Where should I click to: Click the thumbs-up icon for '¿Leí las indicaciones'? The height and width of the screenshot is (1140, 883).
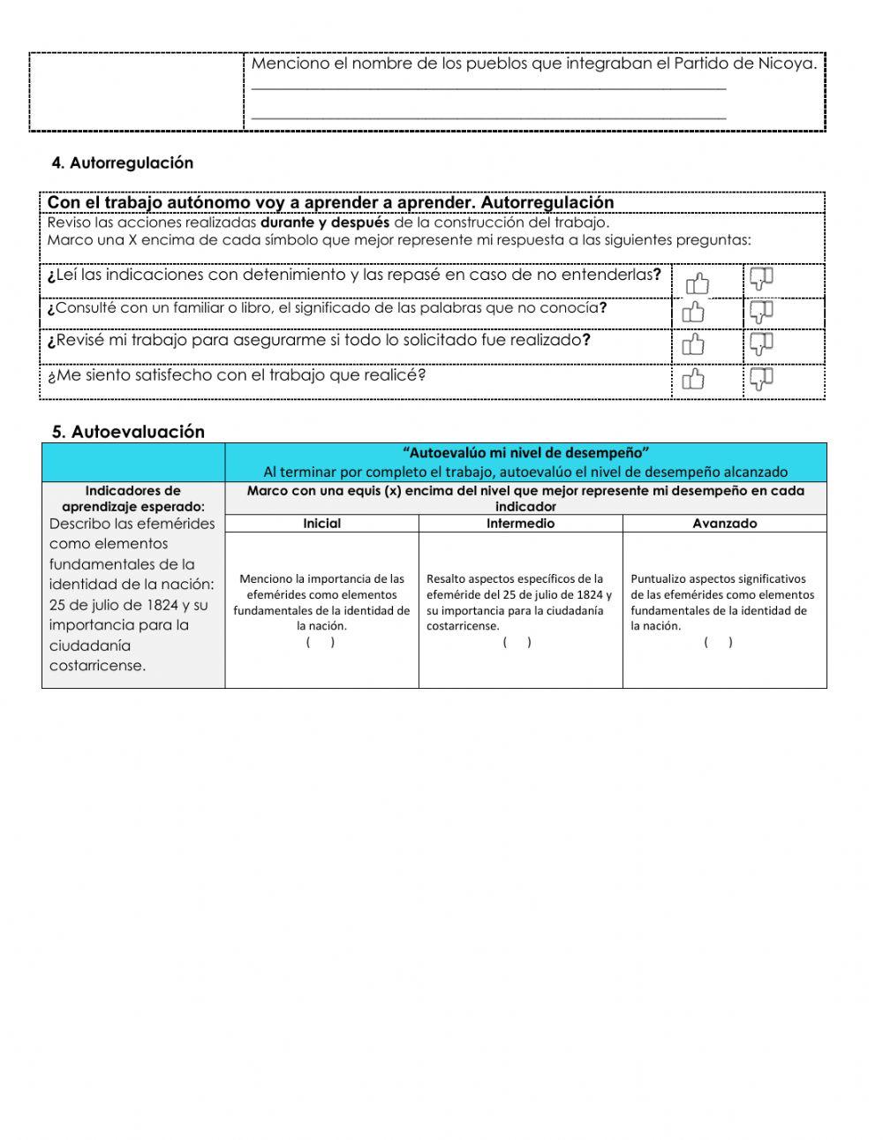point(697,283)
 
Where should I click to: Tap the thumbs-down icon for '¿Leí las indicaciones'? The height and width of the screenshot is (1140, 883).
point(761,280)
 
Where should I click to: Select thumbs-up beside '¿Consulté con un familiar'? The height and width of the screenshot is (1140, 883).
point(694,313)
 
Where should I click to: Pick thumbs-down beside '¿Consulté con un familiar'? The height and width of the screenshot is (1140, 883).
point(761,311)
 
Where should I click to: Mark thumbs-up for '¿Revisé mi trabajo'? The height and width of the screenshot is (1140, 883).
point(694,344)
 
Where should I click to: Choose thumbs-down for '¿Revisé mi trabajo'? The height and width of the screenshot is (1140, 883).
point(761,344)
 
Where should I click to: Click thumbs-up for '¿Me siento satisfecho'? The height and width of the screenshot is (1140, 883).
point(694,380)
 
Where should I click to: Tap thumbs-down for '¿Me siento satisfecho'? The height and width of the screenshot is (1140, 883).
point(761,379)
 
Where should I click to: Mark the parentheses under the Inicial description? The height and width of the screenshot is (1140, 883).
point(321,642)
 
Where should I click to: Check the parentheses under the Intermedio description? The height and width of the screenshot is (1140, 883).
point(517,642)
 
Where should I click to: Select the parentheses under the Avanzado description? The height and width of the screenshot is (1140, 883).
point(718,642)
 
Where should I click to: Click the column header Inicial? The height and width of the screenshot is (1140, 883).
point(321,524)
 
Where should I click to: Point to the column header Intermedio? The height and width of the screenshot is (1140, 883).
point(520,524)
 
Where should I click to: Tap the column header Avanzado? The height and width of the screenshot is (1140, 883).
point(724,524)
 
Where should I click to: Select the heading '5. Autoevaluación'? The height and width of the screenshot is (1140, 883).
point(128,432)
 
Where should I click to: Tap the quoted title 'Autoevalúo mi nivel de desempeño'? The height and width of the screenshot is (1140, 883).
point(525,453)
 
